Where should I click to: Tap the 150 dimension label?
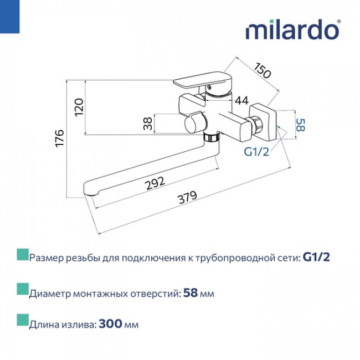click(263, 70)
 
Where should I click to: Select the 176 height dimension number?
click(60, 138)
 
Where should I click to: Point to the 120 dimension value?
click(79, 107)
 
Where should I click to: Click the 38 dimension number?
click(148, 124)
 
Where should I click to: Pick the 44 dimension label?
click(242, 100)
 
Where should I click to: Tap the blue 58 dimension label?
click(300, 125)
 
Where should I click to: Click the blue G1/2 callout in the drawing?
click(256, 152)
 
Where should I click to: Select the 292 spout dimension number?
click(156, 183)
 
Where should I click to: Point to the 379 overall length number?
click(188, 197)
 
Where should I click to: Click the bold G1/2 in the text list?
click(316, 257)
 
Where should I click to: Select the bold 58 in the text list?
click(191, 293)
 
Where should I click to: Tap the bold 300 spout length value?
click(110, 324)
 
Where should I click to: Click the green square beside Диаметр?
click(23, 289)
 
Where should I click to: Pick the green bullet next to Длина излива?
click(23, 320)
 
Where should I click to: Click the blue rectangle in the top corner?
click(9, 17)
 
